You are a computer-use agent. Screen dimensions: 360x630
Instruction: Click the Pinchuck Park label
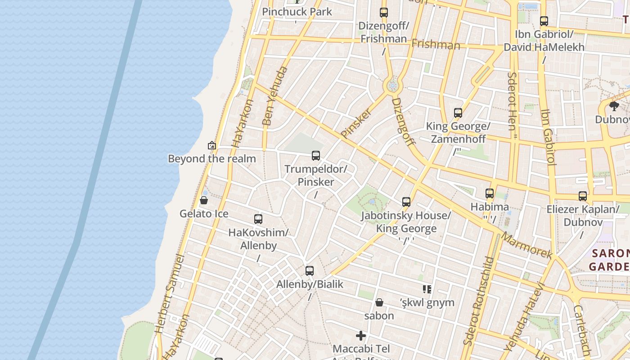pyautogui.click(x=297, y=12)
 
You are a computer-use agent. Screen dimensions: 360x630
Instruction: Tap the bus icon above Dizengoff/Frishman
pyautogui.click(x=383, y=13)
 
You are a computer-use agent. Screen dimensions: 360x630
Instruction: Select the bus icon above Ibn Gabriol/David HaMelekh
pyautogui.click(x=544, y=21)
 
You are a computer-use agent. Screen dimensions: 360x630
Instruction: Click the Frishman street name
pyautogui.click(x=436, y=44)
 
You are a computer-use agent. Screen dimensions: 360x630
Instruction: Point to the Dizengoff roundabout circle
pyautogui.click(x=392, y=85)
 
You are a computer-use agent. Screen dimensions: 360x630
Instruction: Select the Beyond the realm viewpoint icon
pyautogui.click(x=212, y=145)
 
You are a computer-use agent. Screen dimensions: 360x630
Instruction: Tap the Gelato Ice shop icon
pyautogui.click(x=204, y=200)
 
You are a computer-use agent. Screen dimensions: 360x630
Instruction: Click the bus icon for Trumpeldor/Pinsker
pyautogui.click(x=316, y=156)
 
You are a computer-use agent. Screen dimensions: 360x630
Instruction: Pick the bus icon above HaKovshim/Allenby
pyautogui.click(x=258, y=219)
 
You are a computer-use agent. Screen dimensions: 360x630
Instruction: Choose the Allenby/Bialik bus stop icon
pyautogui.click(x=310, y=271)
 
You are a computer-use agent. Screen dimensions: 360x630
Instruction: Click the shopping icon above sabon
pyautogui.click(x=379, y=302)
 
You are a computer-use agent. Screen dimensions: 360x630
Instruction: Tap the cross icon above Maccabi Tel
pyautogui.click(x=361, y=336)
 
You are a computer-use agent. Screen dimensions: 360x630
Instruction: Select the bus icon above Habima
pyautogui.click(x=490, y=194)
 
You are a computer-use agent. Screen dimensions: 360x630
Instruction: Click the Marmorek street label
pyautogui.click(x=527, y=246)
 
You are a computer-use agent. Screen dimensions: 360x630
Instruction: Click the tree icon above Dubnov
pyautogui.click(x=614, y=106)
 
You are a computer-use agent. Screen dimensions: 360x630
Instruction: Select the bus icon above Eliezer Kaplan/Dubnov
pyautogui.click(x=583, y=196)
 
